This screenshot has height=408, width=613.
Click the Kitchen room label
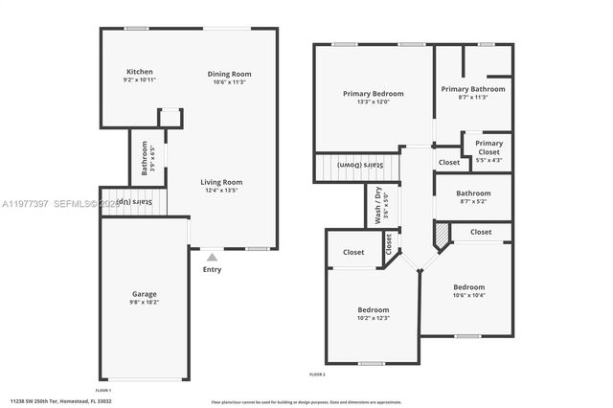click(140, 72)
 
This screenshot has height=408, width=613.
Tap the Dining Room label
click(230, 74)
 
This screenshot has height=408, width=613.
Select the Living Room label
click(221, 182)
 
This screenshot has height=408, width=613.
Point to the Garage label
click(145, 294)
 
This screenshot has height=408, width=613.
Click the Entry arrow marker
click(213, 257)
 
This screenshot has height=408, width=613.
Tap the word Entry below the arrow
click(213, 269)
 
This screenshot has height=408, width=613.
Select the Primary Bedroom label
click(374, 94)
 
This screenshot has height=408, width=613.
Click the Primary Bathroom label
click(473, 89)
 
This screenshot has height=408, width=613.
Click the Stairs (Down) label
click(373, 165)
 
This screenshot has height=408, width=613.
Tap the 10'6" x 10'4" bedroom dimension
click(469, 295)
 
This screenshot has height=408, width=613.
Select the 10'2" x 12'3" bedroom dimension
click(374, 318)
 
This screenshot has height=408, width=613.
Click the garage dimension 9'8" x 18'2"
click(145, 302)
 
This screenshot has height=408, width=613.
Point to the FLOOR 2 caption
click(317, 374)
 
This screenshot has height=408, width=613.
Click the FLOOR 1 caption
click(102, 390)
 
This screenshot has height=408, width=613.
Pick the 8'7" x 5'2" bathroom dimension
click(473, 201)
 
